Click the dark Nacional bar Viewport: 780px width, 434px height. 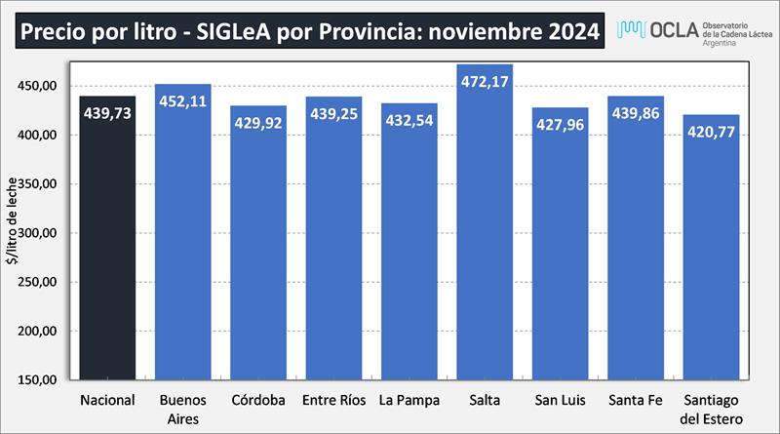(107, 244)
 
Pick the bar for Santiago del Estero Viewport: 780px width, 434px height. (710, 254)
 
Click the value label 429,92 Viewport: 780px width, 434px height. (257, 123)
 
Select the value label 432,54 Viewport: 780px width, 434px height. (409, 123)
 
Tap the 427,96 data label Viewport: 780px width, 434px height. (560, 124)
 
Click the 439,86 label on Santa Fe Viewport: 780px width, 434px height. (635, 113)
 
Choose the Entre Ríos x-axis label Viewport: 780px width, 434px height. (332, 400)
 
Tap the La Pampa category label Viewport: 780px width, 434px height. (409, 400)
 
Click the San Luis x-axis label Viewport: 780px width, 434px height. (560, 400)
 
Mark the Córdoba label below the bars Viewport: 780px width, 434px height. (257, 400)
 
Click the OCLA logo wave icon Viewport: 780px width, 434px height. (634, 30)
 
